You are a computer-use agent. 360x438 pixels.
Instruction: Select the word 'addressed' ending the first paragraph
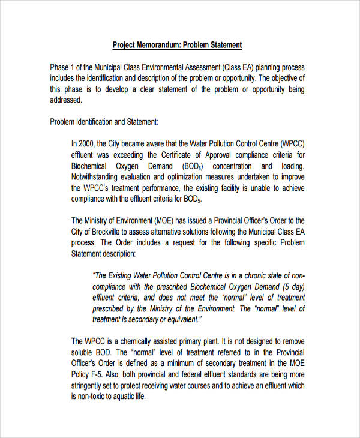click(x=65, y=100)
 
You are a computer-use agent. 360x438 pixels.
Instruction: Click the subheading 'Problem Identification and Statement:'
click(x=104, y=122)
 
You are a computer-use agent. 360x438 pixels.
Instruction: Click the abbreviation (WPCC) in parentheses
click(x=290, y=144)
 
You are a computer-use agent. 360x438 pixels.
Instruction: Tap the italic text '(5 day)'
click(x=290, y=286)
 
